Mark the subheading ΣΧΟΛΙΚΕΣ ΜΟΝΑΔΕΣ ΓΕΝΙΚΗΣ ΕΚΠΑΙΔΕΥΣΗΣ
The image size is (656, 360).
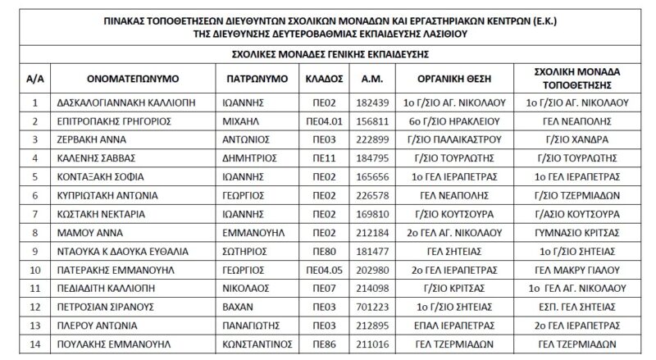pos(327,54)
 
